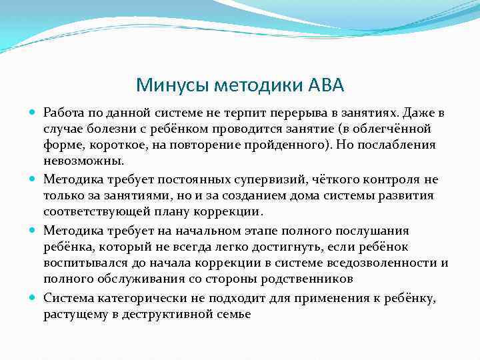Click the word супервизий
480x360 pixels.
coord(262,179)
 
